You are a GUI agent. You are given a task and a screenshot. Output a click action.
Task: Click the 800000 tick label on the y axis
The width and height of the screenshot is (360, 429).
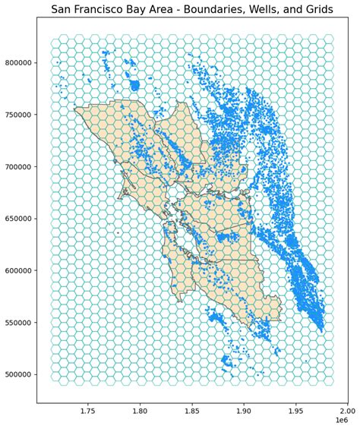17,63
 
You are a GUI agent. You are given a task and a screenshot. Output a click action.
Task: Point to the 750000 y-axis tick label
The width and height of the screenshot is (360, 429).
17,115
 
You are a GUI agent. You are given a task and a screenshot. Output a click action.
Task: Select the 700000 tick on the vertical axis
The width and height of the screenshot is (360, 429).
17,167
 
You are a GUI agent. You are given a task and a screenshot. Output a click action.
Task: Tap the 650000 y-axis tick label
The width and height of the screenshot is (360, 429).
17,219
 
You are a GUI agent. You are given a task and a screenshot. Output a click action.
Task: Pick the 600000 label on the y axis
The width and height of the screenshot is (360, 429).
17,271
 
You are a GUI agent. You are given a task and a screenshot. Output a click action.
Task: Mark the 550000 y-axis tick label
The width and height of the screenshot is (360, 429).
17,323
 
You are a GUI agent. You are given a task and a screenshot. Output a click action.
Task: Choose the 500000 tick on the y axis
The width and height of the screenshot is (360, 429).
17,375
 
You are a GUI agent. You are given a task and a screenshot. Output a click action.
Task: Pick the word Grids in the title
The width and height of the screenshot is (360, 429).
327,9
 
